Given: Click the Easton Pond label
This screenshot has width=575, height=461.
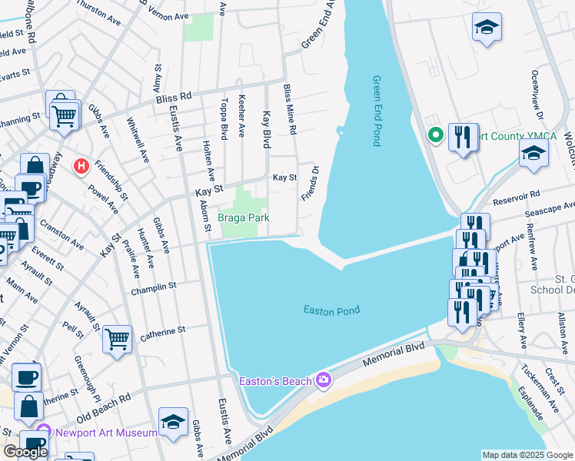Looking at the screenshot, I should tap(331, 310).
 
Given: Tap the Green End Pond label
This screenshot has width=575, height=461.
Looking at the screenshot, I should tap(377, 111).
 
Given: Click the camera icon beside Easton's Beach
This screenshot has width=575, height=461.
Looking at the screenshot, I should tap(323, 380).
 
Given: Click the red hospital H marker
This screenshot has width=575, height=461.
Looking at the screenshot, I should tap(80, 165).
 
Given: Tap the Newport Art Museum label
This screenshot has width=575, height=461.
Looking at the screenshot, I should tap(106, 433).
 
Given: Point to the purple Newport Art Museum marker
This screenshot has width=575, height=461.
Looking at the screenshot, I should tap(44, 433).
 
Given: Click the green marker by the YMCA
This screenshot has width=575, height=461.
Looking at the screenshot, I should tap(435, 136).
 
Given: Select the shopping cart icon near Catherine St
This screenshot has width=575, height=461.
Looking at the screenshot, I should tap(117, 338).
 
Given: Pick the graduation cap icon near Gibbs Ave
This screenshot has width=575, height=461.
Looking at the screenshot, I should tap(174, 422).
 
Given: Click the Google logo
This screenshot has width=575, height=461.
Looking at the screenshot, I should tap(25, 452).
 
